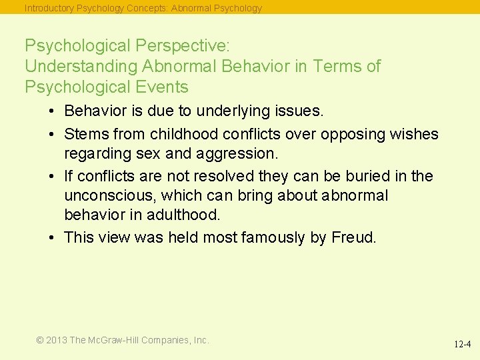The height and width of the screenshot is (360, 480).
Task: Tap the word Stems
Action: click(x=85, y=134)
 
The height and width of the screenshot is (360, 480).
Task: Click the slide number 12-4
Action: click(x=463, y=345)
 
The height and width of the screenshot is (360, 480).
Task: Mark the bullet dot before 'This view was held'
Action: click(x=51, y=238)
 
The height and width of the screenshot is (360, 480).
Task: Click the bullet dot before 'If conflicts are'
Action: click(x=51, y=177)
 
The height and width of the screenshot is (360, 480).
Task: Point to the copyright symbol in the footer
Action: click(x=40, y=340)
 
